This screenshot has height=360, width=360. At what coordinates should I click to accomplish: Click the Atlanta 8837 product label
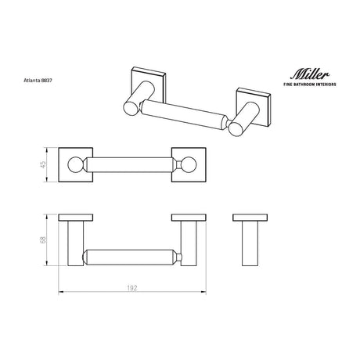(x=38, y=81)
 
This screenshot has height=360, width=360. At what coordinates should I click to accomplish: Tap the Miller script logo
(x=310, y=74)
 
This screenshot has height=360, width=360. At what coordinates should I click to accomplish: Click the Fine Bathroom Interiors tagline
(x=310, y=85)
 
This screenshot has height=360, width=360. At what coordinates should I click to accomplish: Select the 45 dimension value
(x=43, y=164)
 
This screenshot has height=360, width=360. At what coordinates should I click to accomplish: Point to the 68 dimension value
(x=43, y=239)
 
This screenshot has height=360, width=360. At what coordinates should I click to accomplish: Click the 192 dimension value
(x=132, y=288)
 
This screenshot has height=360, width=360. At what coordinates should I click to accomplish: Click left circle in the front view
(x=76, y=165)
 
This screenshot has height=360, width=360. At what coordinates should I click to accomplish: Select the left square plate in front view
(x=76, y=150)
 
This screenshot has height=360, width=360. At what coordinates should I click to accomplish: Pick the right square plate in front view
(x=189, y=150)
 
